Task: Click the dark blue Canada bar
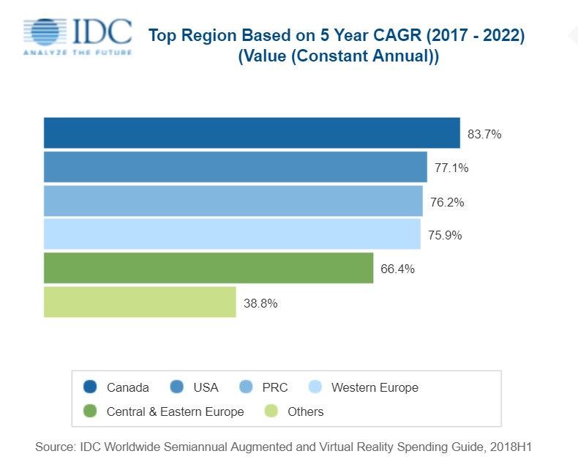252,133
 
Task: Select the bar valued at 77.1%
235,166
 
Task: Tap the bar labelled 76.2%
233,201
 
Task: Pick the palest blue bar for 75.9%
232,234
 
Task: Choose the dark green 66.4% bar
209,268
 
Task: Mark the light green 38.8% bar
140,302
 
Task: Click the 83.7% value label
484,134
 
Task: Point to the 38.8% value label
260,302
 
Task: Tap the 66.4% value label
398,269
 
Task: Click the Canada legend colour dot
91,387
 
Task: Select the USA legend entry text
206,387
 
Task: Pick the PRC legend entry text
274,387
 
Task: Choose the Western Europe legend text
375,387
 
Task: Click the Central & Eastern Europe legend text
175,411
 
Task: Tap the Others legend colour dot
271,411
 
